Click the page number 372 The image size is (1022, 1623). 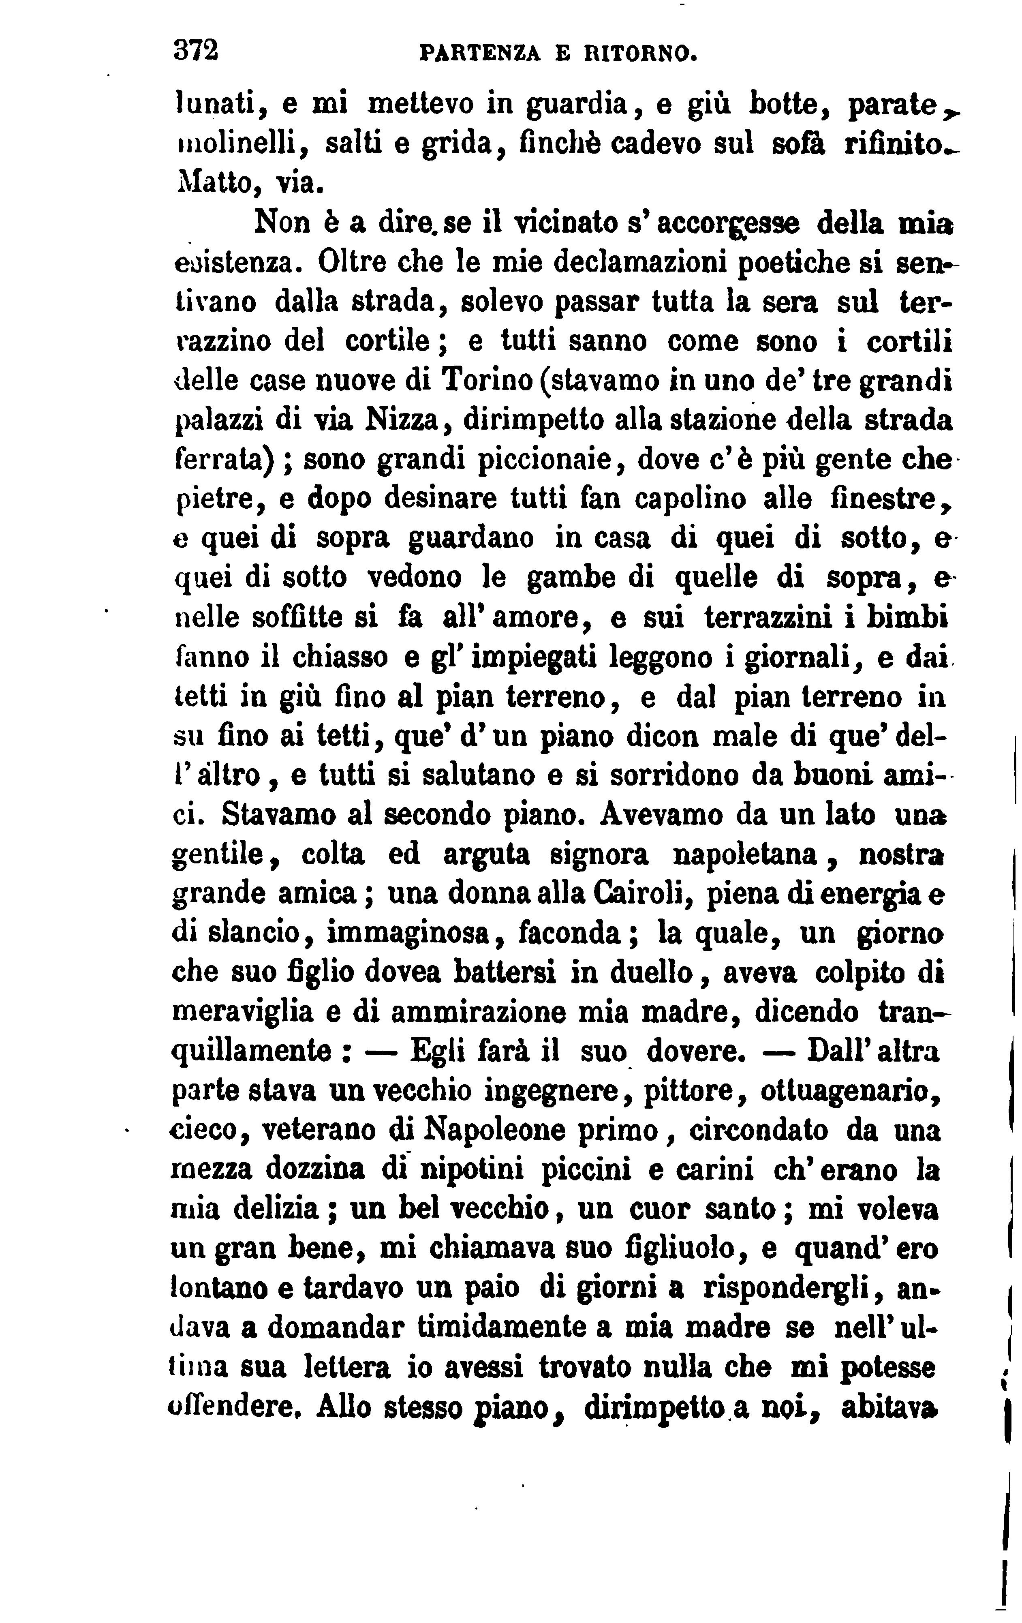[196, 51]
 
